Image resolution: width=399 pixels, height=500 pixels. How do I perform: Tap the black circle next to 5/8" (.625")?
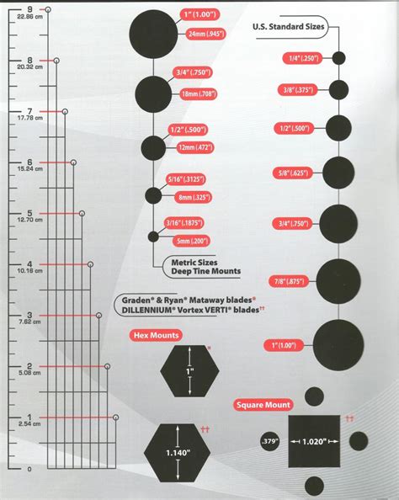339,173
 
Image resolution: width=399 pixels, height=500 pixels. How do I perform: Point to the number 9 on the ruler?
29,9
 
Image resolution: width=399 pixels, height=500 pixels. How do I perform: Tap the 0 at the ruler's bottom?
29,468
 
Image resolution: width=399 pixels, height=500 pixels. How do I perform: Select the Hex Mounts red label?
154,335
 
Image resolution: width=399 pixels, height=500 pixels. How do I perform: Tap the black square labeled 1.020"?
314,441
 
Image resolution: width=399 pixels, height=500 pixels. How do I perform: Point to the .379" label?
269,441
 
